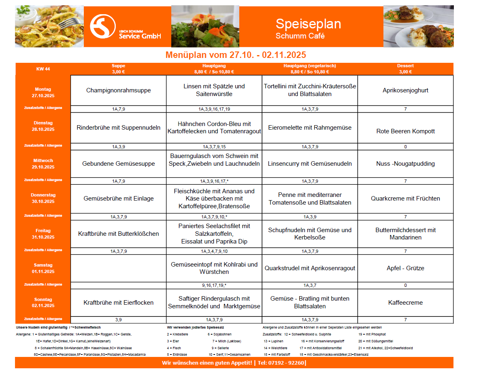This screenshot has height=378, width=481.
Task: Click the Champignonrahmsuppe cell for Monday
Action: coord(118,90)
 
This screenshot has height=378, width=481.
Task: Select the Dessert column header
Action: coord(405,68)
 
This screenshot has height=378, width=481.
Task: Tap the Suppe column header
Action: coord(118,68)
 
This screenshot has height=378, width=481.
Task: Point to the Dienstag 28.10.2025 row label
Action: coord(43,126)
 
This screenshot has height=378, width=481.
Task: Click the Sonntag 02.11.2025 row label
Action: coord(43,303)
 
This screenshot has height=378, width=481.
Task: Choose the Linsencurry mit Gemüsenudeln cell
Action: coord(310,164)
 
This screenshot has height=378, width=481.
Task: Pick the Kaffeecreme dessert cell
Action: coord(405,303)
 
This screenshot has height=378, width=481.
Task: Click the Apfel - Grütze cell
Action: coord(405,268)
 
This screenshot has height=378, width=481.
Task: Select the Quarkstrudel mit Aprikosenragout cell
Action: coord(310,268)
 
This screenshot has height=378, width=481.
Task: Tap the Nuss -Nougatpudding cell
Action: coord(405,164)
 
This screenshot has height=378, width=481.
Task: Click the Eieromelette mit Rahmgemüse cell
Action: coord(310,128)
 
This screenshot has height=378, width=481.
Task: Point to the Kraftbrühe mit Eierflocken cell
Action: coord(118,303)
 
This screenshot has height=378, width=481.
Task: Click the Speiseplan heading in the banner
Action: coord(308,24)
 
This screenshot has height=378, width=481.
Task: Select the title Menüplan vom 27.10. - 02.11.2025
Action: coord(235,55)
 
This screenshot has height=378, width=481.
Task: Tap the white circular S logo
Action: coord(102,27)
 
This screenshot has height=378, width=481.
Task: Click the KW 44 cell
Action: coord(43,69)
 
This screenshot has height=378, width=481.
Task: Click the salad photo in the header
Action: coord(205,26)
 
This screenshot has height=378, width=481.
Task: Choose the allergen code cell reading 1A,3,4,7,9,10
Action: coord(214,251)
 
